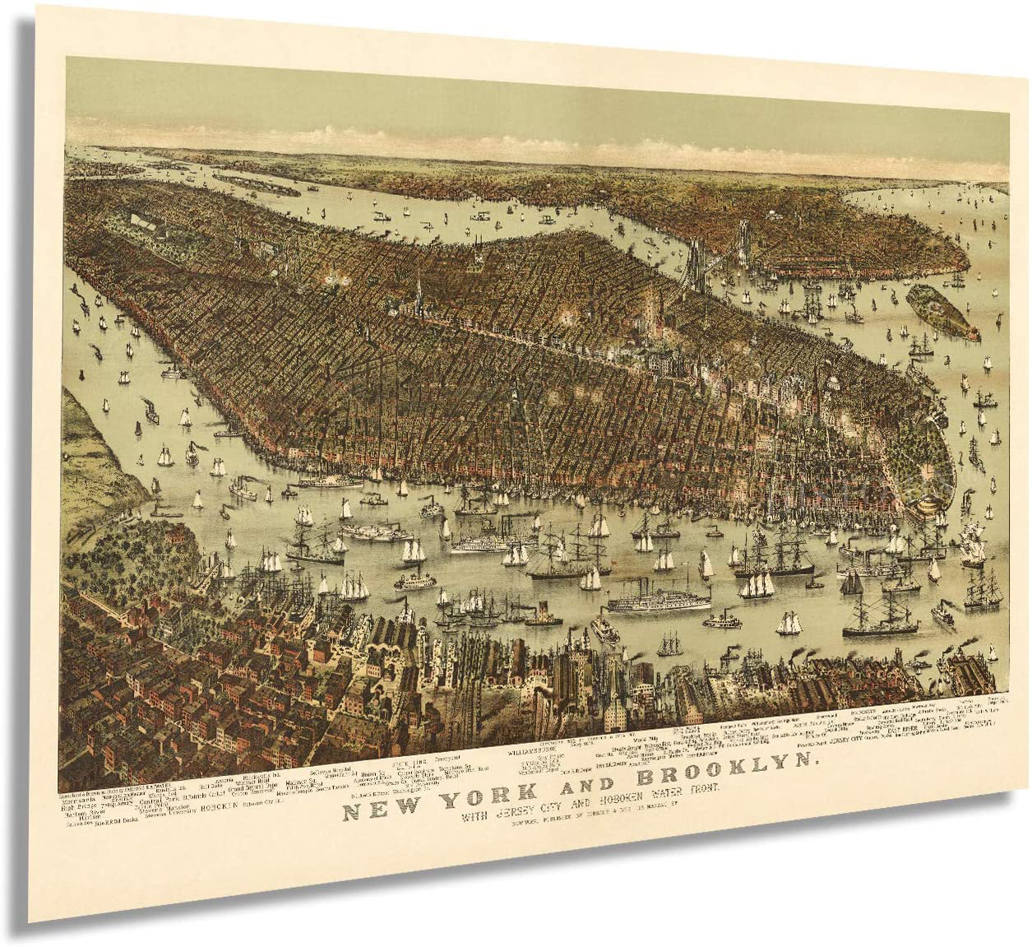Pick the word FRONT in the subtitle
699,787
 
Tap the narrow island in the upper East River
256,183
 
